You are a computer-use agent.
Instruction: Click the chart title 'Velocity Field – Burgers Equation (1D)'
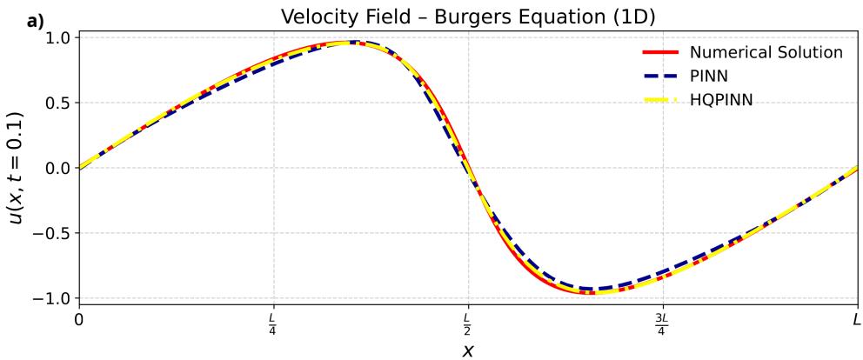pos(467,17)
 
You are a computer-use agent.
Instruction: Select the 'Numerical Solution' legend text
pos(766,53)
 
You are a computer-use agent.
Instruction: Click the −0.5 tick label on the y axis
pos(57,233)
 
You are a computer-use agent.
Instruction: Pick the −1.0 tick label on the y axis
pos(57,298)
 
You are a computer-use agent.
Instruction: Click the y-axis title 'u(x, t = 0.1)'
pos(17,168)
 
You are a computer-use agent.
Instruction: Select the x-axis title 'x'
pos(468,350)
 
